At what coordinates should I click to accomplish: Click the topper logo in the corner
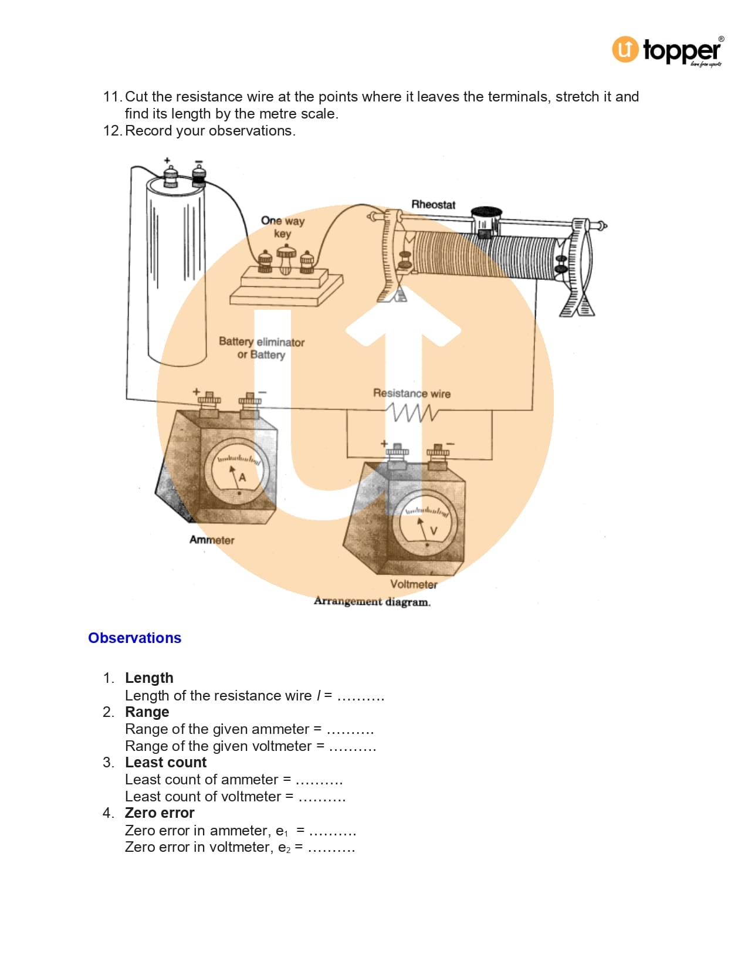click(668, 50)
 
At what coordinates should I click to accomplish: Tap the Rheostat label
click(433, 205)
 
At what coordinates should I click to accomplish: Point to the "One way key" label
click(282, 226)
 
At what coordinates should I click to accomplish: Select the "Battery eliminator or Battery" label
click(262, 348)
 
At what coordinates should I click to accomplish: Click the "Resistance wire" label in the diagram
click(412, 393)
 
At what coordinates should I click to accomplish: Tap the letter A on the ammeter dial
click(242, 478)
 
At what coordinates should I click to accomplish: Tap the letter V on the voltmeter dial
click(433, 531)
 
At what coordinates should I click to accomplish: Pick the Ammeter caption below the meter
click(212, 540)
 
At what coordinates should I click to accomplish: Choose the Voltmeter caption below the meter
click(414, 584)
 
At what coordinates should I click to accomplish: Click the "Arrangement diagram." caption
click(372, 601)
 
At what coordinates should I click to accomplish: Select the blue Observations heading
click(134, 638)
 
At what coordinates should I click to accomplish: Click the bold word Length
click(149, 678)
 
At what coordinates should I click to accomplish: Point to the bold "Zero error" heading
click(160, 813)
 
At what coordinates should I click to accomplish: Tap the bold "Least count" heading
click(165, 762)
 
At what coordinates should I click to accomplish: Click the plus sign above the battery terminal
click(167, 160)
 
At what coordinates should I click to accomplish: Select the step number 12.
click(112, 130)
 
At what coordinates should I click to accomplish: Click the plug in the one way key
click(286, 259)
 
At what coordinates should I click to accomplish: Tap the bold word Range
click(147, 712)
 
